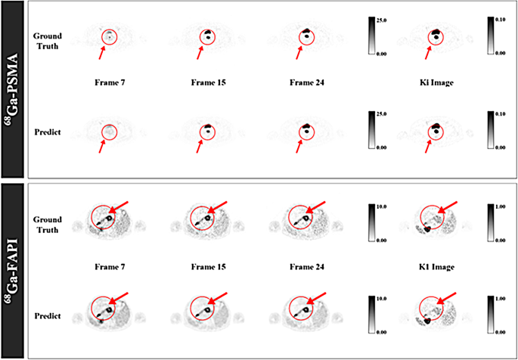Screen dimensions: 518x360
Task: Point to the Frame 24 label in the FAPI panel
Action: click(x=307, y=267)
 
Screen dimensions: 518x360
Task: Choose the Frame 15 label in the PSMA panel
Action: click(x=209, y=82)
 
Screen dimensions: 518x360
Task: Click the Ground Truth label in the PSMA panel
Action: click(x=48, y=40)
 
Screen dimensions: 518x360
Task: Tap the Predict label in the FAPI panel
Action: click(x=48, y=316)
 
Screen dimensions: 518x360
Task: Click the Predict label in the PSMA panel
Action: click(x=48, y=132)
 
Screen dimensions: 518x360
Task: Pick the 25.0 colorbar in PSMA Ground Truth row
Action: click(x=372, y=35)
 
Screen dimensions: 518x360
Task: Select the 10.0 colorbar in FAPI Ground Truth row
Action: click(x=372, y=222)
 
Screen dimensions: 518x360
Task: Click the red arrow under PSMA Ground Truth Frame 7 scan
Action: click(x=102, y=53)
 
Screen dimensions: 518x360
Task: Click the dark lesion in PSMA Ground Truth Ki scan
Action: click(x=436, y=33)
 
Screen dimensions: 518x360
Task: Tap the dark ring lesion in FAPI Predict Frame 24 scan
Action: click(x=306, y=309)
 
